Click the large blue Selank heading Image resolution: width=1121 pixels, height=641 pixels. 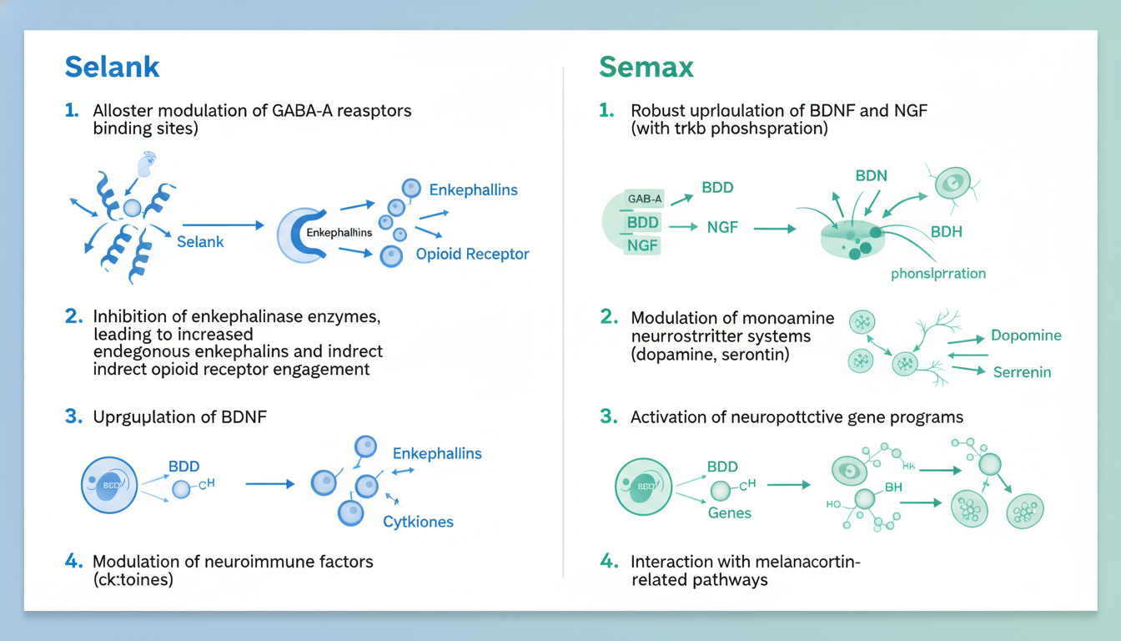click(x=112, y=67)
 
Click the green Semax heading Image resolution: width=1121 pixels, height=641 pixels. click(x=646, y=67)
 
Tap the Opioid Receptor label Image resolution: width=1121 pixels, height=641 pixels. click(x=472, y=254)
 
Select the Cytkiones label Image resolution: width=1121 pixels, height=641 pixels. click(x=418, y=522)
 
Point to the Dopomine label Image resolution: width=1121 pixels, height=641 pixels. click(x=1026, y=336)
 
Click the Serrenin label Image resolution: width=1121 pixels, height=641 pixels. click(x=1022, y=371)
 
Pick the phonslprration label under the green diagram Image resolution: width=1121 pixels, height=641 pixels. click(x=938, y=273)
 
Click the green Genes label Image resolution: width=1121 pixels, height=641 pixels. click(x=730, y=512)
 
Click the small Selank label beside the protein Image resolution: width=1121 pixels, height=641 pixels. click(x=201, y=241)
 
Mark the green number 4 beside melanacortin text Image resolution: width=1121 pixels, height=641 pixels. click(x=608, y=562)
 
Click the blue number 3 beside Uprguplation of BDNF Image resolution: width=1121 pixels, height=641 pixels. click(x=73, y=417)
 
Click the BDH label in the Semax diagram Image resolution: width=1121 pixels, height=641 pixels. click(x=947, y=231)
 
